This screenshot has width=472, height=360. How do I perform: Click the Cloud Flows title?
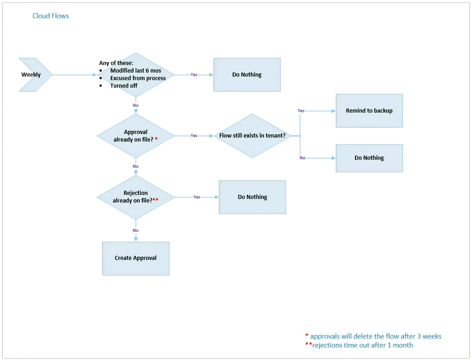pos(51,16)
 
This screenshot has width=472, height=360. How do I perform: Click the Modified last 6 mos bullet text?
pos(136,71)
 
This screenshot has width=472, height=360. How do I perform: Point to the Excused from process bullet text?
pos(138,78)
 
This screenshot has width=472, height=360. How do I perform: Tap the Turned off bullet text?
pos(124,86)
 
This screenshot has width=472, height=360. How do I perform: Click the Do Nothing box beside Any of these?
pos(247,75)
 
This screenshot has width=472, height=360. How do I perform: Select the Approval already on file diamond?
pos(135,136)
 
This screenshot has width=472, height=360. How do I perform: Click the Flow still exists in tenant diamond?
pos(252,136)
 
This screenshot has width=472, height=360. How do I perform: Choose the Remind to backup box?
pos(369,111)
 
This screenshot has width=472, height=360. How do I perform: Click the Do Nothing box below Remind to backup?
pos(369,158)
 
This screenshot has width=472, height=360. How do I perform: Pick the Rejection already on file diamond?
pos(135,197)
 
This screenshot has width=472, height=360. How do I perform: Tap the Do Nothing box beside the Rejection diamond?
pos(252,197)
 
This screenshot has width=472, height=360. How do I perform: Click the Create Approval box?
pos(136,258)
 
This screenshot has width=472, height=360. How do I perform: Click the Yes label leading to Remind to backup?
pos(301,110)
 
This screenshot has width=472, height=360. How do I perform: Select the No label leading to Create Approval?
pos(136,231)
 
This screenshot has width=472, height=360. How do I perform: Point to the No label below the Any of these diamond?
pos(136,105)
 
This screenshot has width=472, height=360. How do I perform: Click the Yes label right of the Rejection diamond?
pos(197,197)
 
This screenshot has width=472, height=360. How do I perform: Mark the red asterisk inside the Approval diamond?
pos(156,139)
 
